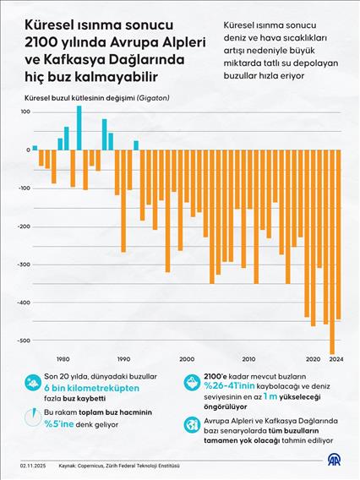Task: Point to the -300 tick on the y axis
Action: [x=19, y=265]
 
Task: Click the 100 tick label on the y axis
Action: [x=22, y=112]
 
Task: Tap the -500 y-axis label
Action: [x=19, y=341]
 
